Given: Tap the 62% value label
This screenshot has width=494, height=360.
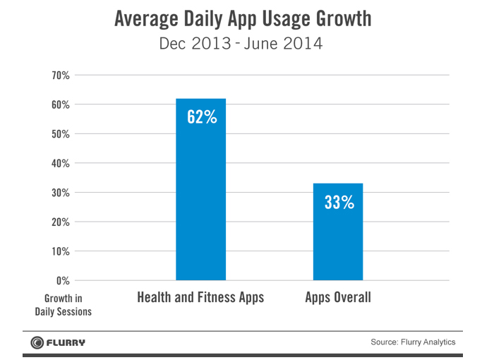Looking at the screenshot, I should [x=201, y=117].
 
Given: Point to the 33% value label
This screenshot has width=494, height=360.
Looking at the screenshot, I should [x=339, y=203].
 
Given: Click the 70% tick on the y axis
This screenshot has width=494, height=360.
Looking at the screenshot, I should [x=59, y=76].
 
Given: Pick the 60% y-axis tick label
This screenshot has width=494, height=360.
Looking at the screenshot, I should [x=59, y=104].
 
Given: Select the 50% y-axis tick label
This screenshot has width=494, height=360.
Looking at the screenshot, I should [x=59, y=134].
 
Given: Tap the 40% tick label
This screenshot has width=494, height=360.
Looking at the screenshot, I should [x=59, y=163].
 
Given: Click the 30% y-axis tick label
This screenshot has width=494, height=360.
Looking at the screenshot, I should [x=59, y=193].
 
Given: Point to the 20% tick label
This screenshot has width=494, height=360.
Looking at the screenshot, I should [x=59, y=222].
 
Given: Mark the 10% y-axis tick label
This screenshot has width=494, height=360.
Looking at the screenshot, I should [x=59, y=251].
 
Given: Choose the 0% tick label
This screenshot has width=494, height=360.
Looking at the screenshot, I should [x=61, y=280].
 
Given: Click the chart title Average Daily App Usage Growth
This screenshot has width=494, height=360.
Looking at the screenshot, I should [x=242, y=19].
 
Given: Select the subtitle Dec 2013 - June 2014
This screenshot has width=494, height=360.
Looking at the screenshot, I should [x=241, y=44].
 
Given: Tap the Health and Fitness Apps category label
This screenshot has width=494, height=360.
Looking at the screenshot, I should [x=200, y=297].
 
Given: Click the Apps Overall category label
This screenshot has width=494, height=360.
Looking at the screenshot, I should [x=338, y=297].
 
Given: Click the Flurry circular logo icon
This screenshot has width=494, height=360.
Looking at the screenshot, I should [x=36, y=343].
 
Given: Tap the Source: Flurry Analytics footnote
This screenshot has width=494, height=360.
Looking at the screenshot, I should [x=413, y=342].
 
